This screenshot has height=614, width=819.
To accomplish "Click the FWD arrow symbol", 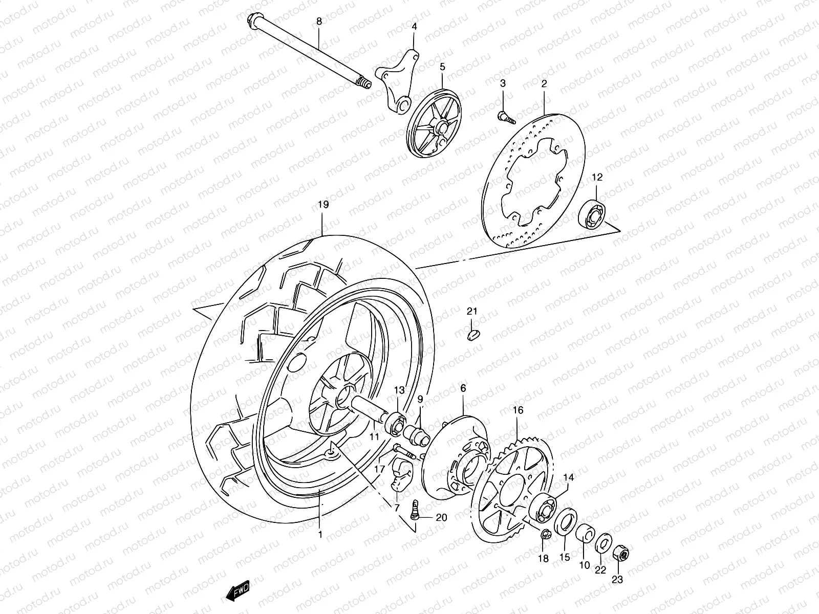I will [x=238, y=592].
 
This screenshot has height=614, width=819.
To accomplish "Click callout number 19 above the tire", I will [x=323, y=205].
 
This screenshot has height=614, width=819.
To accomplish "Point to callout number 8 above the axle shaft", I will [x=319, y=21].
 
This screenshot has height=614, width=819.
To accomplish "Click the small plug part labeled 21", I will [x=473, y=334].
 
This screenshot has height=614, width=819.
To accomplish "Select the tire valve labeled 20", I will [x=415, y=508].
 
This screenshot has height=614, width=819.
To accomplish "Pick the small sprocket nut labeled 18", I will [x=546, y=535].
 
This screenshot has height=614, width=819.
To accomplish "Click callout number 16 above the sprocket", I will [x=518, y=396].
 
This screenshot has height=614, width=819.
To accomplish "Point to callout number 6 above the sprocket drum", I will [x=463, y=388].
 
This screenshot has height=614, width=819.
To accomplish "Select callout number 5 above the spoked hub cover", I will [x=442, y=67].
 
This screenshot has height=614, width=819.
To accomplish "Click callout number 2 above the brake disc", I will [x=544, y=83].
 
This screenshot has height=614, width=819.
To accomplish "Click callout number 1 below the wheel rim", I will [x=319, y=535].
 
